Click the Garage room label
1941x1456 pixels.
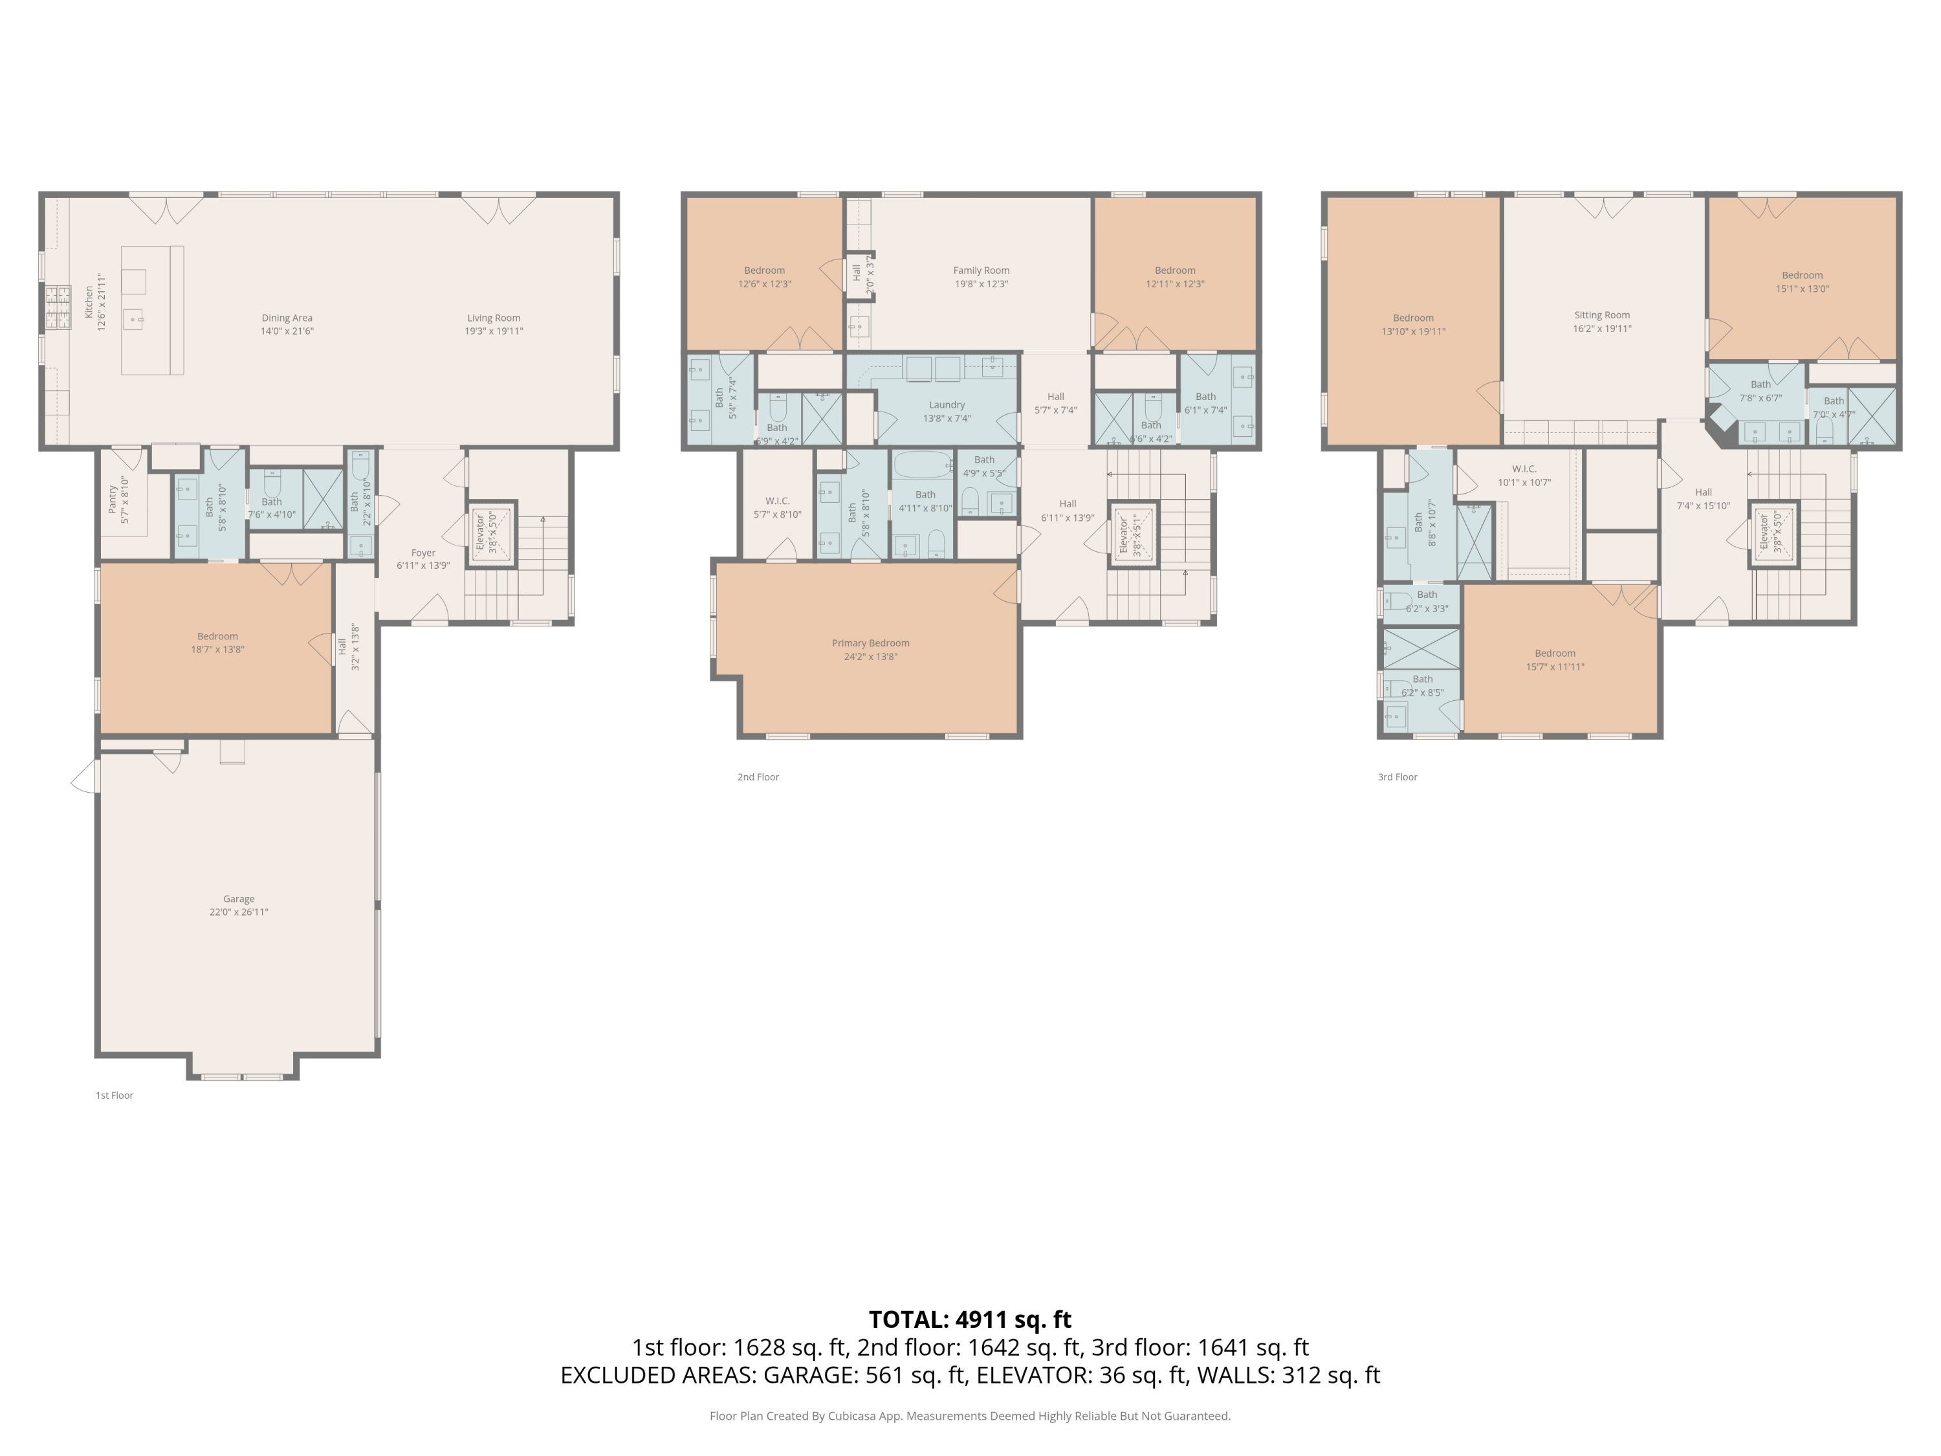(239, 899)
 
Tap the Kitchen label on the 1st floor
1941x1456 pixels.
(89, 302)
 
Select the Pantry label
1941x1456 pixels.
(113, 500)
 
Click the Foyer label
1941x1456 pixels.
(423, 553)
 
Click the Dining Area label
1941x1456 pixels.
(287, 318)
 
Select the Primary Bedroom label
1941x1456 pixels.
(870, 643)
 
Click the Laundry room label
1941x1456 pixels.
(947, 404)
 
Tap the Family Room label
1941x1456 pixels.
(981, 270)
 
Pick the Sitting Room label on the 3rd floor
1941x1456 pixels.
(1601, 315)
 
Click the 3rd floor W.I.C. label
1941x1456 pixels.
(1524, 469)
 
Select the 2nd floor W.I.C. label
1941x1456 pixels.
(778, 501)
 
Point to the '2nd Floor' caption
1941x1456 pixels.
(758, 777)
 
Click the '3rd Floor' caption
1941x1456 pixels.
(1397, 777)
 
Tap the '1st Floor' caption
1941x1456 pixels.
(114, 1096)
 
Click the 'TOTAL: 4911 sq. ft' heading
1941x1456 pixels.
(970, 1319)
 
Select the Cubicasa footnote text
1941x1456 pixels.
(970, 1416)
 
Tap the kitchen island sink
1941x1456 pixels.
(133, 318)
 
